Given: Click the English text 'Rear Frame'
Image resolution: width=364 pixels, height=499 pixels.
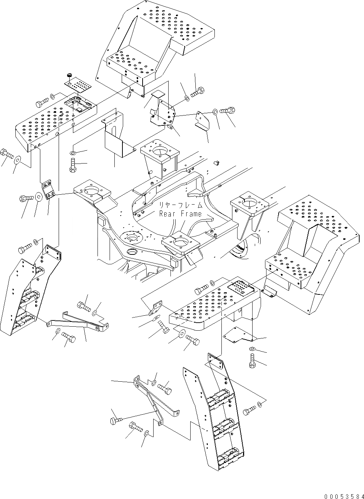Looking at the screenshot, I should tap(180, 214).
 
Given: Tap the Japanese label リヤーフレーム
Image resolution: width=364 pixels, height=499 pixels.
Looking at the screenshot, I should tap(180, 205).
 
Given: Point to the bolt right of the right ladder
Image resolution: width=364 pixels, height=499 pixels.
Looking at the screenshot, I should tap(250, 409).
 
